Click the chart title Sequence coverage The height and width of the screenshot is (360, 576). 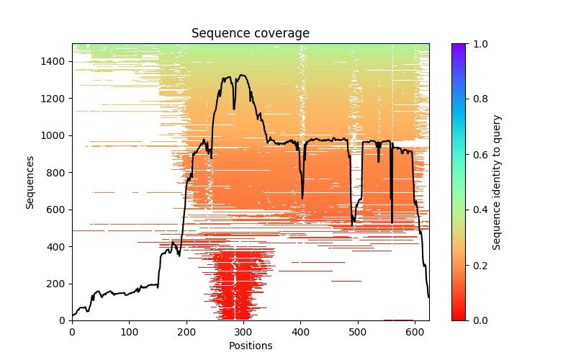250,33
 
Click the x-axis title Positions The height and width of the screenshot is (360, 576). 250,346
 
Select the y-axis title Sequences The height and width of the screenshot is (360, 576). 30,181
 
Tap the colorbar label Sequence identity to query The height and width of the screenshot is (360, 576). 497,181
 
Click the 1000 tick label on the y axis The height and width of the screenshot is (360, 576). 55,135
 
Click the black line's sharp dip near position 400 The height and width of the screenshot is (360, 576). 302,197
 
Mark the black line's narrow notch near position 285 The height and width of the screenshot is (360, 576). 234,109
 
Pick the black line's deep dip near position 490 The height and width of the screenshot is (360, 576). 353,225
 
